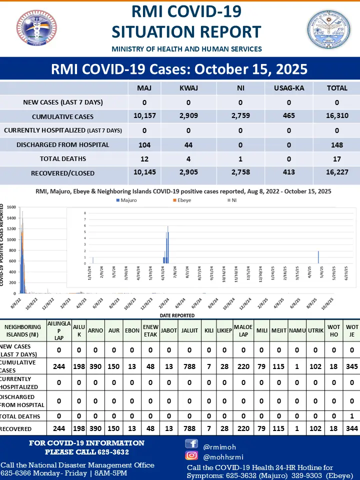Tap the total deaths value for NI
(x=240, y=158)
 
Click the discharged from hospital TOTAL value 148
(x=337, y=144)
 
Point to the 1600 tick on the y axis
(x=11, y=206)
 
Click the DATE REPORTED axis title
(x=177, y=315)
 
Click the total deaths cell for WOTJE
(x=352, y=416)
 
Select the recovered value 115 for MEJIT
(x=278, y=429)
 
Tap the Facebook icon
(x=191, y=443)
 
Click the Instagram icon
(x=191, y=455)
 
